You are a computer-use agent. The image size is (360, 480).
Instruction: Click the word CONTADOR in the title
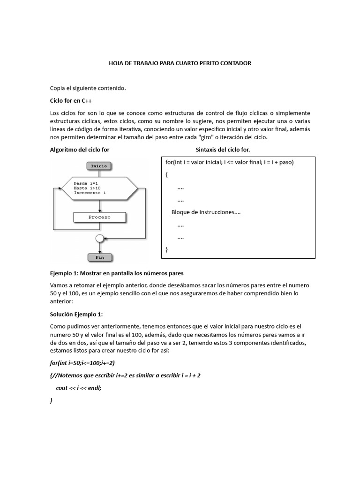click(x=235, y=63)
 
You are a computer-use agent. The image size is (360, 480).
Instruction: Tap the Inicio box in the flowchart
click(x=99, y=165)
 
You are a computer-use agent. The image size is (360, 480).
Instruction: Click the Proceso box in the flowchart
click(x=99, y=217)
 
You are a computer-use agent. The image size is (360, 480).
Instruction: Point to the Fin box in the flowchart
click(x=99, y=257)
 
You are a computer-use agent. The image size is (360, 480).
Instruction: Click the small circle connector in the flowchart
click(x=99, y=239)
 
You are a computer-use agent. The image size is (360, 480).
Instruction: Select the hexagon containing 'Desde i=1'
click(x=99, y=188)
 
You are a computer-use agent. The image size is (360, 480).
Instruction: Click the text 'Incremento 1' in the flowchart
click(x=90, y=193)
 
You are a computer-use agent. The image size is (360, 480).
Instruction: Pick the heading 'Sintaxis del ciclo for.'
click(x=223, y=150)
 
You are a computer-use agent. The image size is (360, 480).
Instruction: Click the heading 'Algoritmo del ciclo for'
click(x=80, y=150)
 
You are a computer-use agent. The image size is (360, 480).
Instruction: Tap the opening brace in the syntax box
click(x=166, y=174)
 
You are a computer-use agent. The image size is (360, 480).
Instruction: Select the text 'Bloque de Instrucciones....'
click(x=206, y=212)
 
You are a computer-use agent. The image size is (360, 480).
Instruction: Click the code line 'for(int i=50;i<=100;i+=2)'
click(x=82, y=363)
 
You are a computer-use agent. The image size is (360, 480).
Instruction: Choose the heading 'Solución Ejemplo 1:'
click(x=79, y=314)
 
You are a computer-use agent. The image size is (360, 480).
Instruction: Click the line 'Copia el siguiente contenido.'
click(x=88, y=88)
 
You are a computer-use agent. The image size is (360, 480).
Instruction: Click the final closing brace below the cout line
click(x=51, y=401)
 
